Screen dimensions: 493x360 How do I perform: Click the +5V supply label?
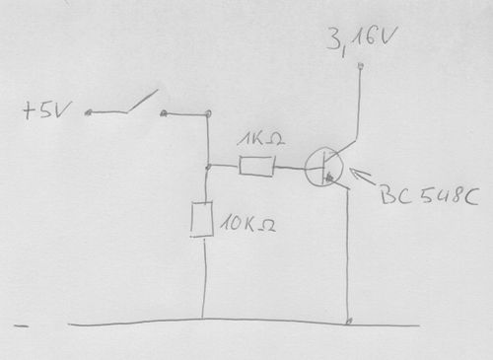pos(46,110)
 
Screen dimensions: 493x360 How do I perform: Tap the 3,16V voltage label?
pos(362,41)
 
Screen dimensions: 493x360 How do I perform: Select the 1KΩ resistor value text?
pos(260,140)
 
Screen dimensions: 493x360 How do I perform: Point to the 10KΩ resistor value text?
pos(247,224)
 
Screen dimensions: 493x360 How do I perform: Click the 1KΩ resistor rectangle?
pos(256,167)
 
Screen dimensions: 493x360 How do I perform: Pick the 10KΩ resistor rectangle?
pos(202,219)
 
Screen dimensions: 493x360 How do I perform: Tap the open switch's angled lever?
pos(142,102)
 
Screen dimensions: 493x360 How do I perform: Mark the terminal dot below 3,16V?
pos(361,66)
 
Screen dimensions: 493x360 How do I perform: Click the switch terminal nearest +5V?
pos(88,113)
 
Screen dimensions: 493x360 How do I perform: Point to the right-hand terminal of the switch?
pos(164,113)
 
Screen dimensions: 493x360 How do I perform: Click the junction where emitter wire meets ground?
pos(349,321)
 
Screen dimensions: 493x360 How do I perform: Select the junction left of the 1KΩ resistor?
pos(207,167)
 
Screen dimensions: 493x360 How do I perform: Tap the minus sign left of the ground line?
pos(21,326)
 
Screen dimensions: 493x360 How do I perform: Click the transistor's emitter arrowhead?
pos(329,178)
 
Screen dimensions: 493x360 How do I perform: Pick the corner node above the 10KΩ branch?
pos(208,113)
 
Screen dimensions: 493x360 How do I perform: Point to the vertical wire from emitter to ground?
pos(348,254)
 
